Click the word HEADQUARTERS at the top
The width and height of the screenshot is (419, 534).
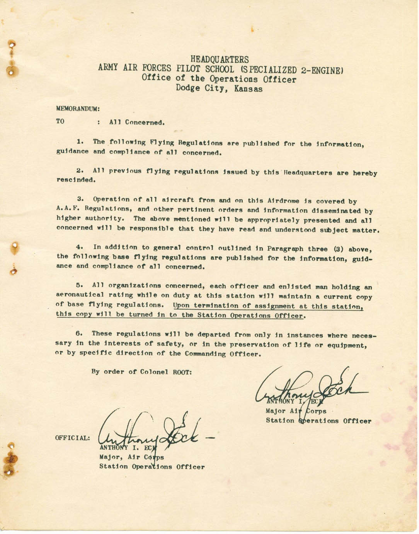(x=220, y=60)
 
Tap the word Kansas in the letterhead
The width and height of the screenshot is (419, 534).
(x=248, y=89)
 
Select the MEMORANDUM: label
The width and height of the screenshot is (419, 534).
(x=78, y=109)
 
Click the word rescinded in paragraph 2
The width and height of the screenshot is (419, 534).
(x=75, y=180)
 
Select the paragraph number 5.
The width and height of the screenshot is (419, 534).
(x=80, y=285)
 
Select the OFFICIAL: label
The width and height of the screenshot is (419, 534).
(x=73, y=438)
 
